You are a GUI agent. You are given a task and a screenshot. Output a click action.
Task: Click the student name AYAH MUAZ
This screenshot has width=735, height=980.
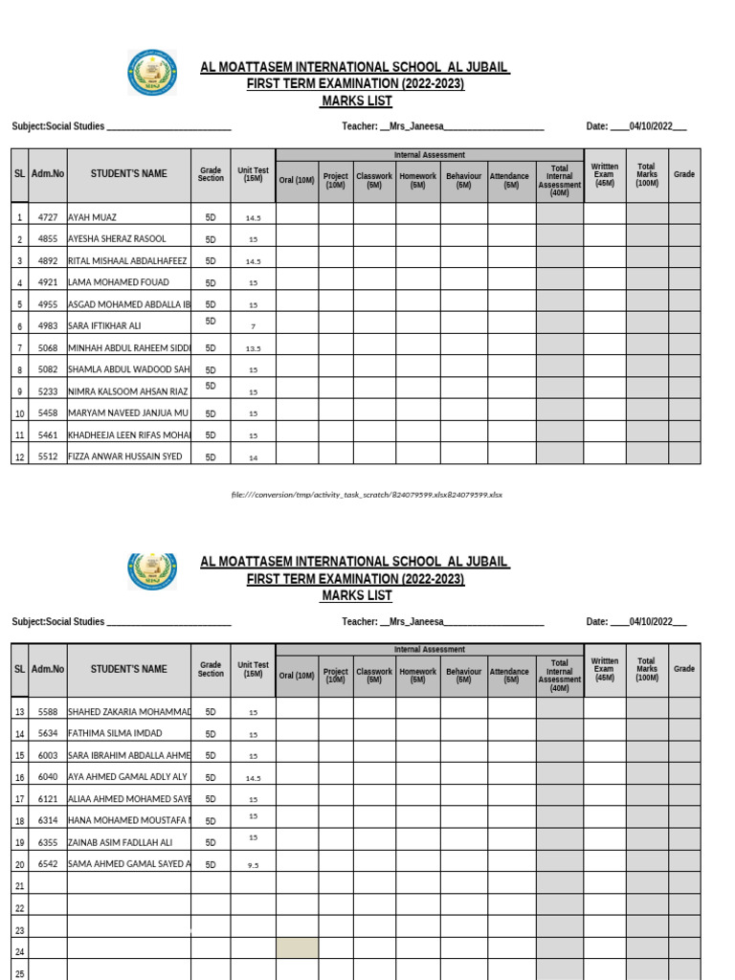click(92, 218)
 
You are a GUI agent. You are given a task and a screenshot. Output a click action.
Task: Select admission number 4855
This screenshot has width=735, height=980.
click(48, 239)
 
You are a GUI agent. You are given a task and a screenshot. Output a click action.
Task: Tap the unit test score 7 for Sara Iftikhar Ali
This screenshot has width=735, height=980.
click(253, 327)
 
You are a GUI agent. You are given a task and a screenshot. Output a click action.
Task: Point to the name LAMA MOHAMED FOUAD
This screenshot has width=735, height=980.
click(119, 283)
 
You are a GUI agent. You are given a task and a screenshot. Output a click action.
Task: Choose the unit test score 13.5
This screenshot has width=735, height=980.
click(253, 349)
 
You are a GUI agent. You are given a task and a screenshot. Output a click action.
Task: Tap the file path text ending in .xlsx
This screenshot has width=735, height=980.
click(367, 495)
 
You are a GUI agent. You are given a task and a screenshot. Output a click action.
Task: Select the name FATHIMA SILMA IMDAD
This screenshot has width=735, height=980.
click(116, 735)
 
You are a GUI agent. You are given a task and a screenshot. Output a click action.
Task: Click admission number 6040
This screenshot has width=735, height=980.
click(48, 778)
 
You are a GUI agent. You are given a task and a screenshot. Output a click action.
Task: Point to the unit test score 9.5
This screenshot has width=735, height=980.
click(253, 865)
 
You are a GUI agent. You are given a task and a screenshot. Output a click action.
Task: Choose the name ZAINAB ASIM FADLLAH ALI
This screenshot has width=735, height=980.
click(121, 843)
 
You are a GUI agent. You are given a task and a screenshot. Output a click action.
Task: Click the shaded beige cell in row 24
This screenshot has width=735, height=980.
click(298, 948)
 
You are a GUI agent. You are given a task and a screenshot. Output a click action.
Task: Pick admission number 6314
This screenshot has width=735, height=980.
click(48, 821)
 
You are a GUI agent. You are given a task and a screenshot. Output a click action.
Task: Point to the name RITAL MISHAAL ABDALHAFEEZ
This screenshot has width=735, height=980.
click(127, 261)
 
